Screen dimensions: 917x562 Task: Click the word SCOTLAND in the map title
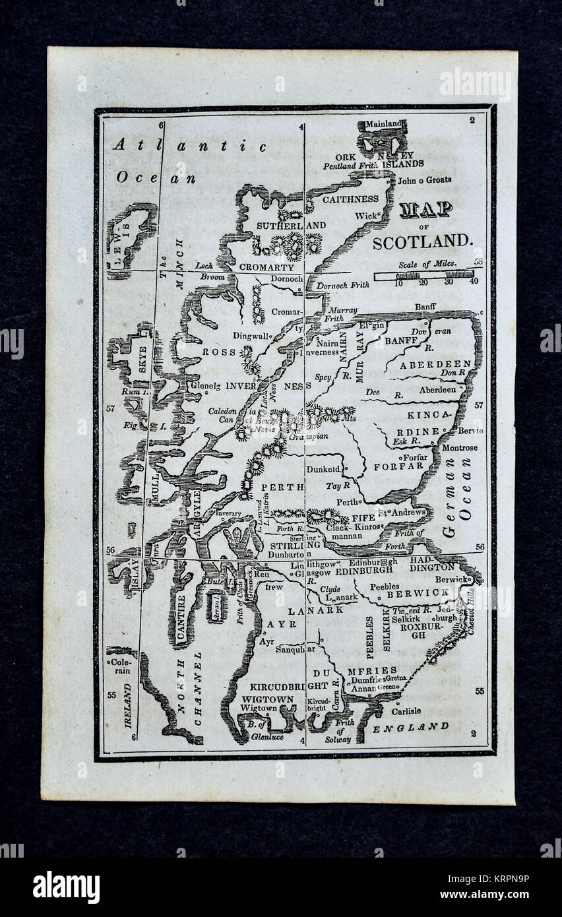coord(423,241)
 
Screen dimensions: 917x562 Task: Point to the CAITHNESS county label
coord(350,199)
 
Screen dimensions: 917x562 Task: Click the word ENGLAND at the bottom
coord(410,727)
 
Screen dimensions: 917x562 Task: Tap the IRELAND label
coord(127,705)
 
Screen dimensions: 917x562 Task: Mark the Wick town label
coord(365,216)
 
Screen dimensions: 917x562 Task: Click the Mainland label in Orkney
coord(383,124)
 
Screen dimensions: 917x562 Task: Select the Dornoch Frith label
coord(343,286)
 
